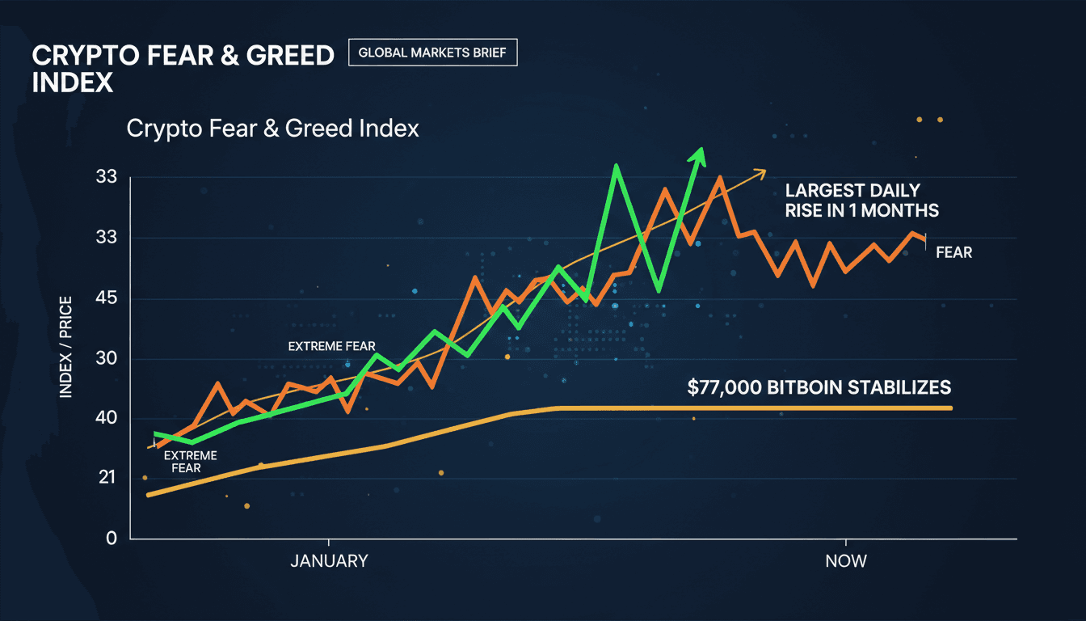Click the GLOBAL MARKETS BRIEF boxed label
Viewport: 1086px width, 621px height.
coord(432,53)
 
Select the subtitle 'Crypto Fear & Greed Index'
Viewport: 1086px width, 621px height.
coord(273,129)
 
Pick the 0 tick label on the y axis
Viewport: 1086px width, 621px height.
coord(111,538)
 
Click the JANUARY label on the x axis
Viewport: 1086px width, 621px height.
coord(329,560)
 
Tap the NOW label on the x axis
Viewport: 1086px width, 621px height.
coord(846,560)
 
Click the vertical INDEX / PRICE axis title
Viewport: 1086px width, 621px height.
coord(65,347)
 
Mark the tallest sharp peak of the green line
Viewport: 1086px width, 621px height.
coord(617,166)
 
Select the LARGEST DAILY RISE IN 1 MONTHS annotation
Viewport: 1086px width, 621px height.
coord(861,201)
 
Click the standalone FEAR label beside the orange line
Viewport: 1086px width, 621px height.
coord(953,252)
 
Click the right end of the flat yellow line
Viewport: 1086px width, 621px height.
coord(950,408)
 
